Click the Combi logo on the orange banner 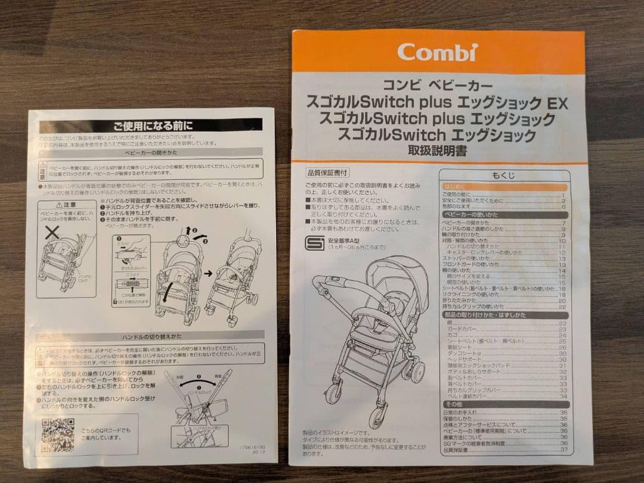point(437,51)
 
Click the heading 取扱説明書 point(437,151)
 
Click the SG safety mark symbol point(314,244)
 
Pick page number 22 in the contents point(562,307)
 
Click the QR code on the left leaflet point(58,435)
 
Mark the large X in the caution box point(53,233)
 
